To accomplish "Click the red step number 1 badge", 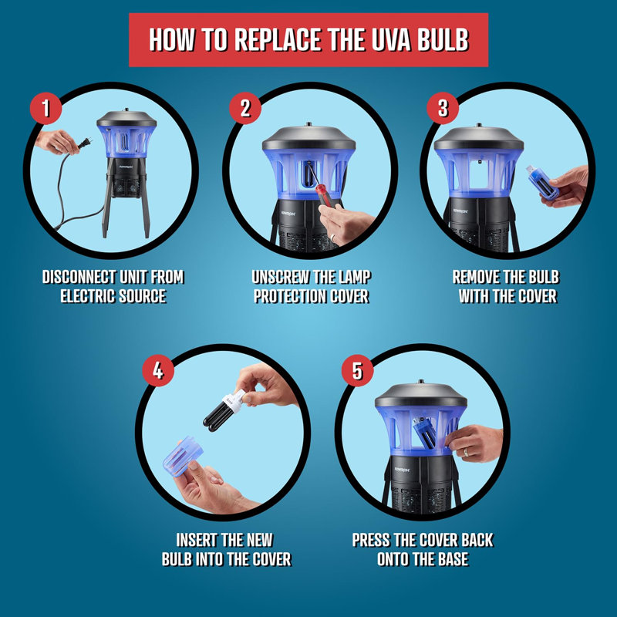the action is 46,108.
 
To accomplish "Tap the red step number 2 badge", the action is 245,108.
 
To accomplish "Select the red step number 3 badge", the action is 443,108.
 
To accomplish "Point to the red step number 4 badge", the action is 158,370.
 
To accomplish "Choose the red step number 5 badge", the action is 357,370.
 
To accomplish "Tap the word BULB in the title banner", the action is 443,40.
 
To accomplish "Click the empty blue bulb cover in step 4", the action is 181,457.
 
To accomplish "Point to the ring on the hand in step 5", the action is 466,452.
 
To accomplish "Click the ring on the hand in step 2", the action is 333,238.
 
